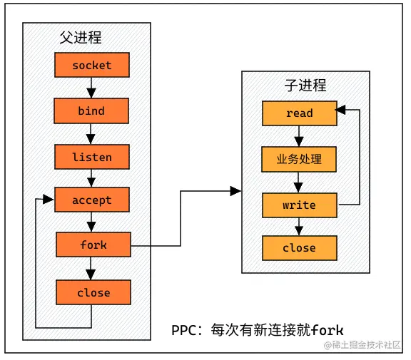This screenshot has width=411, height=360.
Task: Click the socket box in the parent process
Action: pos(91,66)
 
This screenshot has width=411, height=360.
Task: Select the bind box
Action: pos(91,110)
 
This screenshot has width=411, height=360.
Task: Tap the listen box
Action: pos(91,156)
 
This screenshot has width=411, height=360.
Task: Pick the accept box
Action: pos(91,200)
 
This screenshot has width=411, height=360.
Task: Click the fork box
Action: pos(93,245)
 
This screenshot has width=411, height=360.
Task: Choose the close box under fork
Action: pos(93,292)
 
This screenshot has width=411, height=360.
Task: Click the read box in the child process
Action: pos(299,113)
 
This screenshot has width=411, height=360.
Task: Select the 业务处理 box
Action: pos(299,159)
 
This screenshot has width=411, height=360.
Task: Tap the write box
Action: pos(299,205)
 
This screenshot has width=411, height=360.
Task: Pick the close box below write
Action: pos(299,248)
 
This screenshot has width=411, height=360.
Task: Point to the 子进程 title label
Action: pos(305,86)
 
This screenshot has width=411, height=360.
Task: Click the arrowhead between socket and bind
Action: pos(91,92)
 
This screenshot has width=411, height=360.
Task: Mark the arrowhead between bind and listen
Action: pos(91,138)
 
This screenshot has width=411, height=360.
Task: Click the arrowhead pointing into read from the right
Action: pos(341,110)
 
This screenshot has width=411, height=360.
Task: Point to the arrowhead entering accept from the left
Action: pos(49,200)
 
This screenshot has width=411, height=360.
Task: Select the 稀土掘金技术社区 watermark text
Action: pos(367,345)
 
